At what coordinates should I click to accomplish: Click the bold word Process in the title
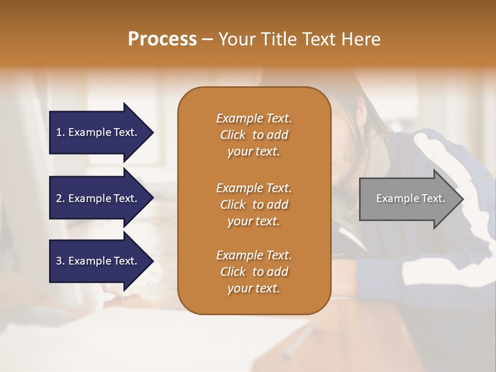(x=162, y=39)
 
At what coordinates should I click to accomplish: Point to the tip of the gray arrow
(x=462, y=199)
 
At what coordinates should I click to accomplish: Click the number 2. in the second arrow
(x=60, y=198)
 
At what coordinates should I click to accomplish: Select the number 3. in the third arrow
(x=60, y=261)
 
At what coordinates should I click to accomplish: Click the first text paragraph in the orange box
(x=254, y=135)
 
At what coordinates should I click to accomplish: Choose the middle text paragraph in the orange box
(x=254, y=205)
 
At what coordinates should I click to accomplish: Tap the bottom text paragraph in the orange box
(x=254, y=272)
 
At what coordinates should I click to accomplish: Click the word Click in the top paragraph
(x=233, y=135)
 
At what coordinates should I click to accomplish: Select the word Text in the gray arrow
(x=433, y=198)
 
